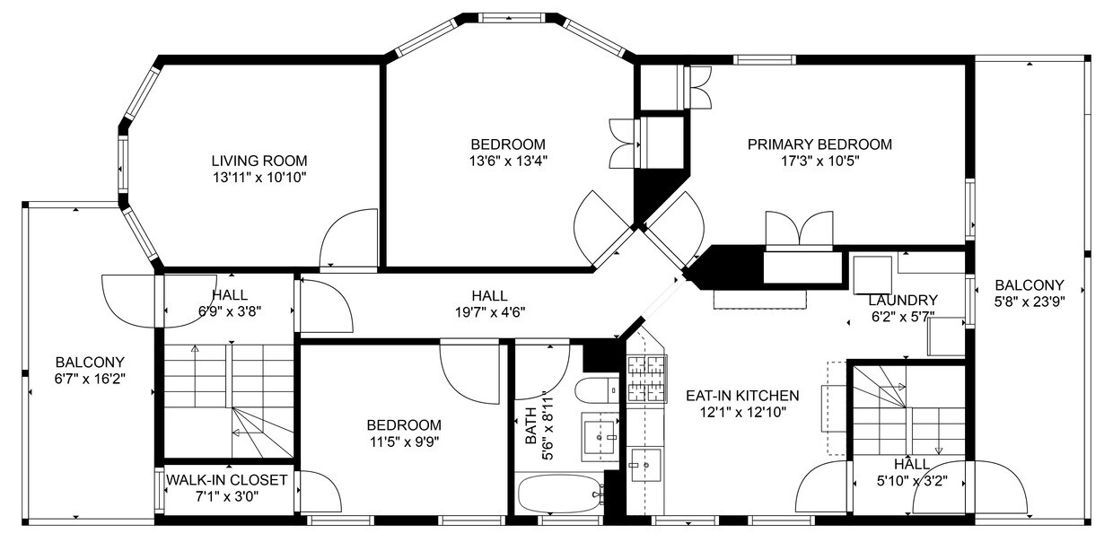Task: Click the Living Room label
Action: pos(259,161)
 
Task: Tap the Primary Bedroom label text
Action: pos(819,144)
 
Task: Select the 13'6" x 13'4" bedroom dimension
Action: pos(508,161)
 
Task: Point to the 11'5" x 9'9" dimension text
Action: pos(404,441)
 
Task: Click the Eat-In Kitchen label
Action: pos(742,396)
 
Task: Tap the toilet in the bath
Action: pos(597,390)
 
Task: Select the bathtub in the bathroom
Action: pos(559,494)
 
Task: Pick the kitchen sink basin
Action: pos(646,465)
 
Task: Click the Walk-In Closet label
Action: pos(226,480)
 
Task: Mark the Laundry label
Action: pos(903,300)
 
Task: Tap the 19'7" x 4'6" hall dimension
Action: pos(490,312)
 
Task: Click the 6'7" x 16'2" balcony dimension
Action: pos(90,379)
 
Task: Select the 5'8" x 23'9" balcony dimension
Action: pos(1030,302)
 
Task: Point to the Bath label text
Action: pos(530,425)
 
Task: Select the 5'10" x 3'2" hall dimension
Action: pos(912,481)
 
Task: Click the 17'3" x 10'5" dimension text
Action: pos(819,161)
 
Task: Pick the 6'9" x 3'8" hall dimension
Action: pos(230,311)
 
